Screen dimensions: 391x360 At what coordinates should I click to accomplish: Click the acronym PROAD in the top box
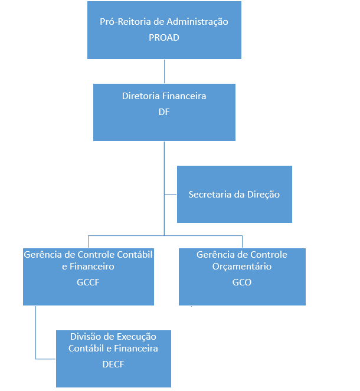tap(164, 37)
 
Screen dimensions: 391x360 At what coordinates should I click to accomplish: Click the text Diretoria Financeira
tap(164, 96)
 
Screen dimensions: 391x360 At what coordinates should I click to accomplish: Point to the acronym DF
tap(164, 111)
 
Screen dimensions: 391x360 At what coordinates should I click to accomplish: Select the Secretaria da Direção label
tap(234, 194)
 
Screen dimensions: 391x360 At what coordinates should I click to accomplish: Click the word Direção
tap(263, 194)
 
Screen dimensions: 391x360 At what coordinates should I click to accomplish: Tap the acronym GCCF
tap(88, 282)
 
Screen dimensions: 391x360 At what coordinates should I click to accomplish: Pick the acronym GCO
tap(241, 282)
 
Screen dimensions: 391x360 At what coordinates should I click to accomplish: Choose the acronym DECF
tap(113, 364)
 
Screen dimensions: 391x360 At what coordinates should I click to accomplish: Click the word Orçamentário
tap(242, 267)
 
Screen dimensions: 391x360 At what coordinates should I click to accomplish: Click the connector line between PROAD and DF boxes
tap(164, 71)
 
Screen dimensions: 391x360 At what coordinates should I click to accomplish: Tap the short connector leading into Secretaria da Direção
tap(171, 194)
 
